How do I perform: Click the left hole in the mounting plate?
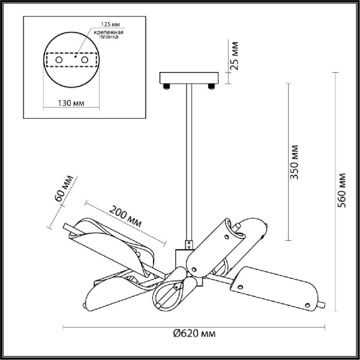pyautogui.click(x=58, y=61)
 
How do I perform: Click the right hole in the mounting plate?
pyautogui.click(x=85, y=61)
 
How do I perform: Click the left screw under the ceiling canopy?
pyautogui.click(x=166, y=88)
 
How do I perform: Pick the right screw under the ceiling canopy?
pyautogui.click(x=212, y=88)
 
